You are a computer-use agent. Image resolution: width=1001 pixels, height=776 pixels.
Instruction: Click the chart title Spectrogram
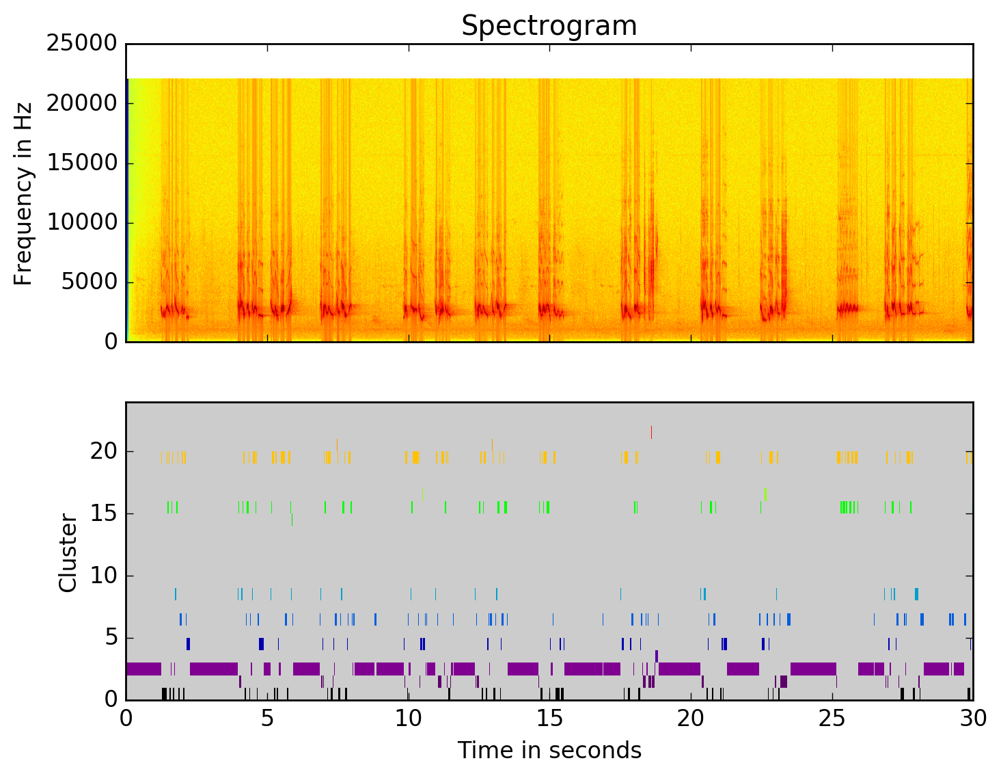[549, 26]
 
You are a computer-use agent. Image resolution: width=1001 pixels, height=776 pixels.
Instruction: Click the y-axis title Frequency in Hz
[23, 193]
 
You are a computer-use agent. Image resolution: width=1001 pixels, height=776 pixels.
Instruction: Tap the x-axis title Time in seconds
[549, 750]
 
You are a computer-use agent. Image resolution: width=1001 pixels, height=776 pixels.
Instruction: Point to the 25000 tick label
[82, 44]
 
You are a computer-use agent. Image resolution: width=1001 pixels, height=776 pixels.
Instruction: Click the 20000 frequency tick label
[82, 103]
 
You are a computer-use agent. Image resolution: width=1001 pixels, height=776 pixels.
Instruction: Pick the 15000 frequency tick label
[82, 163]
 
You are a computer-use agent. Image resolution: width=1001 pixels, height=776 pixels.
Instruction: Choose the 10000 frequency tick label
[82, 223]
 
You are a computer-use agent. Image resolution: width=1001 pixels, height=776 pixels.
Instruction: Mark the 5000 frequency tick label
[89, 282]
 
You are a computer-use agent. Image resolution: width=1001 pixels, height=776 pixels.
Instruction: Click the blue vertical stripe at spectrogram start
[127, 209]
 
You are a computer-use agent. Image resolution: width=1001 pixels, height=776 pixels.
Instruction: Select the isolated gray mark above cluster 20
[651, 432]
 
